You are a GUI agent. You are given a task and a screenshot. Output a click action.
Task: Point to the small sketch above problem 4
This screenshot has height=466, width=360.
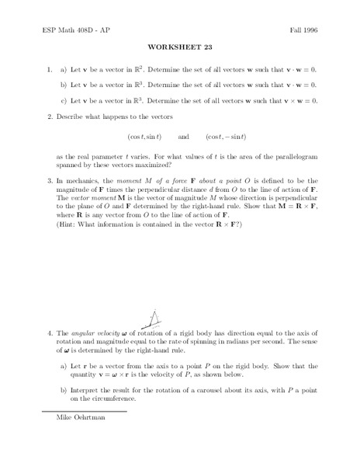coord(154,318)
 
